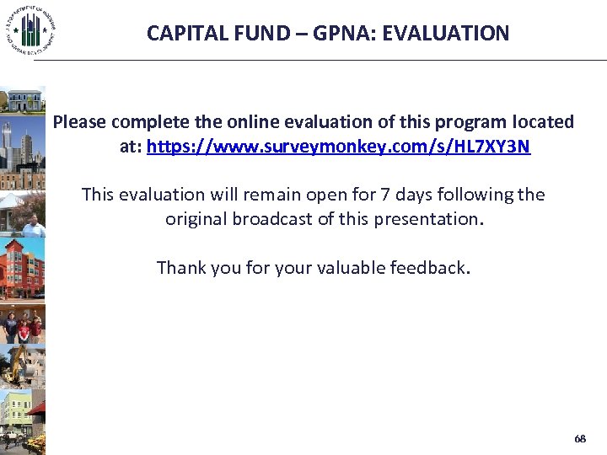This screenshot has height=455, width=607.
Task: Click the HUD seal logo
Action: (30, 31)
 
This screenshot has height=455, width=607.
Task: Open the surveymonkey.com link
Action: (338, 147)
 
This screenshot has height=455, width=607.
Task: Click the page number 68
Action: (579, 439)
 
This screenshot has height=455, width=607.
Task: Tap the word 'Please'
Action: (81, 122)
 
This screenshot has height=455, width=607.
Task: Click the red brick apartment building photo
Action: (22, 270)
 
